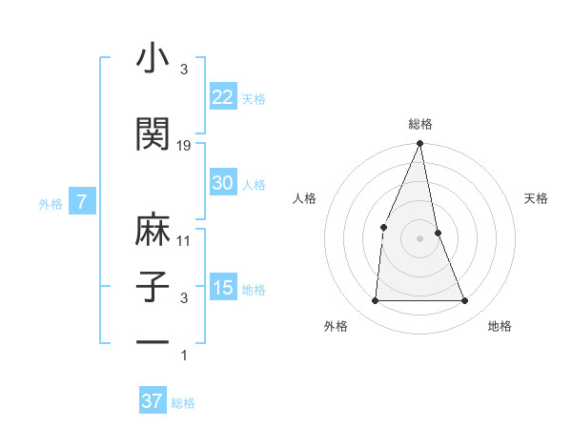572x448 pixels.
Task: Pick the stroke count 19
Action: (x=184, y=146)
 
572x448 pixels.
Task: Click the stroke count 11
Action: (x=184, y=241)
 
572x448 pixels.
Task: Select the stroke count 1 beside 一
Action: (x=184, y=356)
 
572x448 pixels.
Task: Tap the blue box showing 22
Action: (x=223, y=96)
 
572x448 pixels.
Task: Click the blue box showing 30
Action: (x=223, y=183)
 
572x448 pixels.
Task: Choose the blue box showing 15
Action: (x=223, y=288)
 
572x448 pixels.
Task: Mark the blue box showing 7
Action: (x=83, y=202)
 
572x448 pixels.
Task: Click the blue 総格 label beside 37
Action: (x=183, y=403)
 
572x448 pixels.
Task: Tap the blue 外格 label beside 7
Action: (x=50, y=203)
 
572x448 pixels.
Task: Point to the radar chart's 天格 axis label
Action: (x=537, y=198)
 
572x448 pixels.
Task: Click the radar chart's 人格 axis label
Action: (x=304, y=198)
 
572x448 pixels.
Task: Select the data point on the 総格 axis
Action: (x=419, y=144)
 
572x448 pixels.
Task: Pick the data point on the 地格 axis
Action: (x=465, y=301)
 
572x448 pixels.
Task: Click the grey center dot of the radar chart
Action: (x=419, y=238)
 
